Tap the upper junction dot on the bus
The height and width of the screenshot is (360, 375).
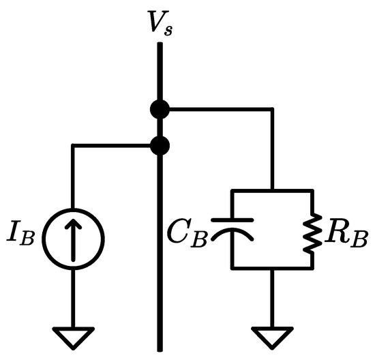pos(160,108)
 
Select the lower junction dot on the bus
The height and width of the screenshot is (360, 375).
pos(160,145)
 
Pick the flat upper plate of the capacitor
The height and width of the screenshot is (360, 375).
pos(232,220)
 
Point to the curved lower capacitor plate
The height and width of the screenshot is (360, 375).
pos(232,235)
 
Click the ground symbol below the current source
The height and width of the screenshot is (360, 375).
pos(73,336)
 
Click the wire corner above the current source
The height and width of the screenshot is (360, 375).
pos(73,145)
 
